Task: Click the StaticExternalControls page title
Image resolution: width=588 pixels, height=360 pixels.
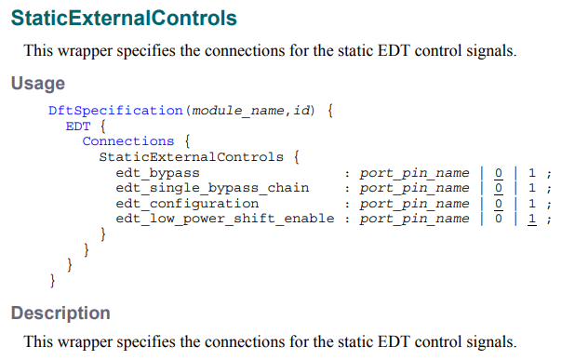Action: (x=124, y=19)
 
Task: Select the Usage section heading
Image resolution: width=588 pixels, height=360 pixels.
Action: (x=38, y=84)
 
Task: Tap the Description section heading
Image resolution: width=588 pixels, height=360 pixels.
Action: (x=60, y=313)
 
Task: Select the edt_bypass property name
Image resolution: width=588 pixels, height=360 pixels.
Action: (x=157, y=172)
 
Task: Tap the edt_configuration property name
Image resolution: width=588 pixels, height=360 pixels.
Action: (x=187, y=203)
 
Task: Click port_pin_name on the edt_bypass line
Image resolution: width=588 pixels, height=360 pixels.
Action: (x=414, y=172)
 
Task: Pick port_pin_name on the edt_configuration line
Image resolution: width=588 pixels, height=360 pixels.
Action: (x=414, y=203)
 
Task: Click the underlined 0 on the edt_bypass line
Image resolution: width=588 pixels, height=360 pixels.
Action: (x=499, y=172)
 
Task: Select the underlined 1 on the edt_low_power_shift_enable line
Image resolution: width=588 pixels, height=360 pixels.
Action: (x=532, y=219)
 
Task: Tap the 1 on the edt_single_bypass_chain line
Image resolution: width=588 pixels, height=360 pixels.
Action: (x=532, y=188)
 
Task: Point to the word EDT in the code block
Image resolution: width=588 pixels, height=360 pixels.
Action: (x=77, y=126)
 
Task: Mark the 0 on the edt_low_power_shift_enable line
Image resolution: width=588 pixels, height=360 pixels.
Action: (x=499, y=219)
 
